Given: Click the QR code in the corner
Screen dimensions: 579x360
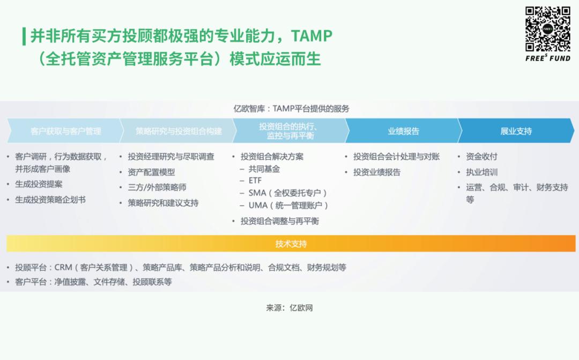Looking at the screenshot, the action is coord(548,29).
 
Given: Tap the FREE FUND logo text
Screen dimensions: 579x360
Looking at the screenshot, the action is coord(548,58).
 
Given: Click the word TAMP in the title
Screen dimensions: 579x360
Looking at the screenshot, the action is coord(311,36).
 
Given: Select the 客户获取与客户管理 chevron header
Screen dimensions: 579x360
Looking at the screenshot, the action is coord(66,131).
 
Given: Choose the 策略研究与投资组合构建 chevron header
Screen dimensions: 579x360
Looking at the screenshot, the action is coord(179,131).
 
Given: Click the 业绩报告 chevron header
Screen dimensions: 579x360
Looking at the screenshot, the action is coord(404,131).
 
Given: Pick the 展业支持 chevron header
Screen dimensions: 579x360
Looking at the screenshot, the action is coord(516,131).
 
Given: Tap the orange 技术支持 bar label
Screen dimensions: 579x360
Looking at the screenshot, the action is coord(291,244).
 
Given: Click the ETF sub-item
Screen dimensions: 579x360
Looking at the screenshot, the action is coord(255,181).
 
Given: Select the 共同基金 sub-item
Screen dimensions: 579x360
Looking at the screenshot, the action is coord(264,169).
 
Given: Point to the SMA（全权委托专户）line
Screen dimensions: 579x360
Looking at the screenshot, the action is coord(288,193).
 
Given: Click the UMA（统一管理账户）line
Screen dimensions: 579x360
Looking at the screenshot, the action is coord(288,205).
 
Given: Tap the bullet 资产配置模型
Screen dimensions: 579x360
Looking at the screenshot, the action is coord(151,172).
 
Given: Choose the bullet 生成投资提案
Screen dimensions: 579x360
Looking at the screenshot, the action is coord(39,184).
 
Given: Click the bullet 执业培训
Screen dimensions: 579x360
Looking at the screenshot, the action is coord(481,172).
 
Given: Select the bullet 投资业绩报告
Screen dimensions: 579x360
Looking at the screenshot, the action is coord(377,172).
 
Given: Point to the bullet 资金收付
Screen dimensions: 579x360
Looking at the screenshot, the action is coord(481,156).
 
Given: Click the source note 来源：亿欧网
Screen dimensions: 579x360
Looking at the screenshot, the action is coord(289,308).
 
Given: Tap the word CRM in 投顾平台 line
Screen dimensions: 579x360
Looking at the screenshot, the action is coord(63,267).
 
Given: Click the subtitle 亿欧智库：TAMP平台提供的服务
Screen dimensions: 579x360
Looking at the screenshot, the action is coord(291,109).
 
